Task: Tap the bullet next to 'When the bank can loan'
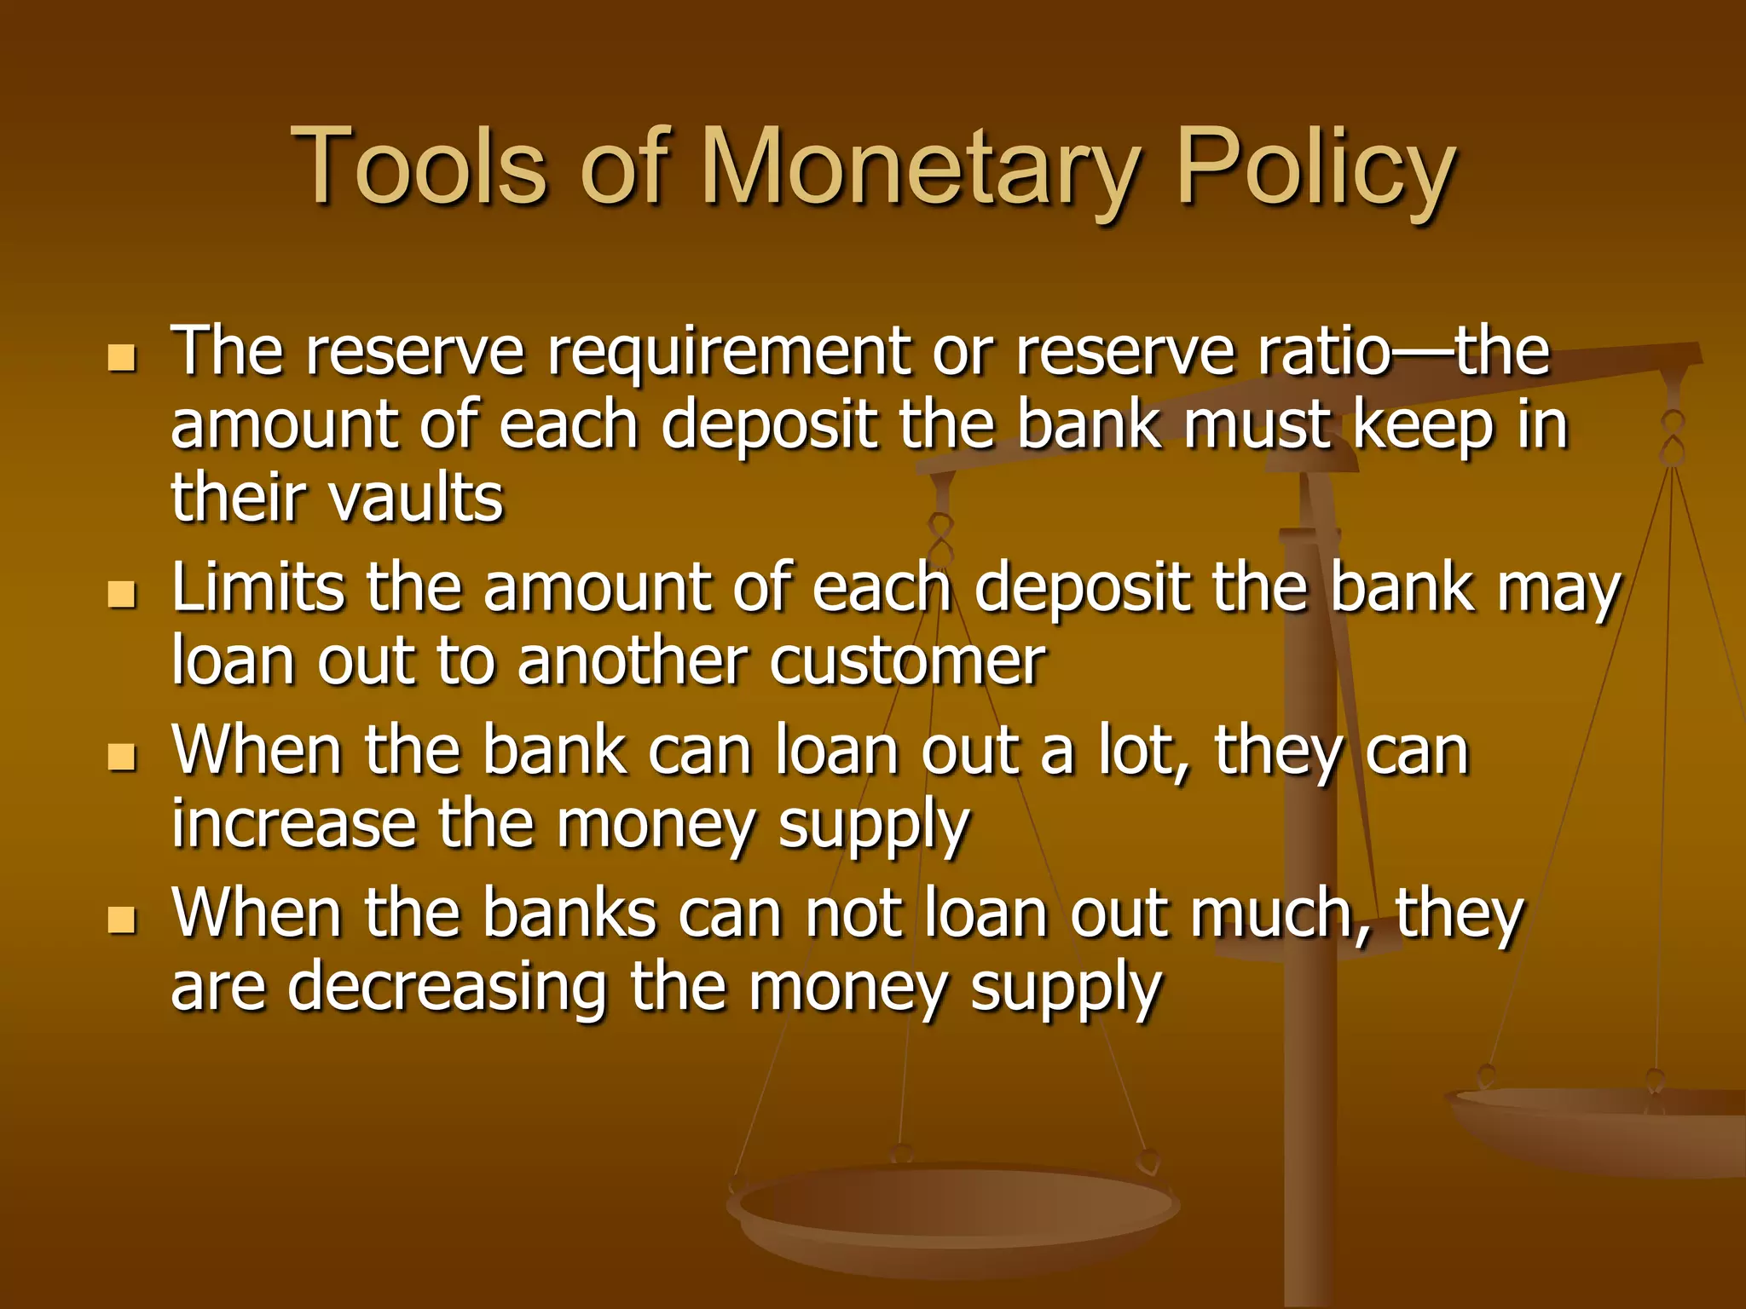123,755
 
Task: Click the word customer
907,661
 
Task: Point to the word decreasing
447,987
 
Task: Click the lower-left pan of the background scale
953,1210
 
